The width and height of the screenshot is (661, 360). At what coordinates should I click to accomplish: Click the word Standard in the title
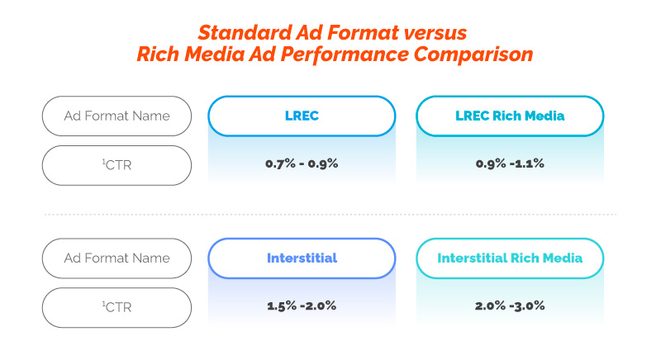tap(245, 32)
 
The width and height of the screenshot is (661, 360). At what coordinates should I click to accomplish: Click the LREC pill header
tap(302, 116)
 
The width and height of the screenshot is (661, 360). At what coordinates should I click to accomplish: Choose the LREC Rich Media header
tap(510, 116)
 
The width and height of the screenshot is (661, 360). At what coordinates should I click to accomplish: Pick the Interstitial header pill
tap(302, 258)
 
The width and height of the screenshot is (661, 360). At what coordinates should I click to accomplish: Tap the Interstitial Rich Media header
tap(510, 258)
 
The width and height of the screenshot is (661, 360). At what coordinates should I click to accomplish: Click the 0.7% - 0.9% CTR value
tap(302, 163)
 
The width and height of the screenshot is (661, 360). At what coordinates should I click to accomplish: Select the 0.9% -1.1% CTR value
tap(510, 163)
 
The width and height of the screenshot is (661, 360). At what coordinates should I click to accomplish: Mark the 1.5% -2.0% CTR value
tap(302, 306)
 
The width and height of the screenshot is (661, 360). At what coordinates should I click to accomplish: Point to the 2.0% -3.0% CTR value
tap(510, 306)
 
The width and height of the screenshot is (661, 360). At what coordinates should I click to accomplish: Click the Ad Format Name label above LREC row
tap(117, 116)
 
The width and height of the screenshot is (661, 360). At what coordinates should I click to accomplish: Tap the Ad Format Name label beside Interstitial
tap(117, 258)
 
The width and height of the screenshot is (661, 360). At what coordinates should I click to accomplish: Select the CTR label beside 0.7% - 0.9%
tap(117, 164)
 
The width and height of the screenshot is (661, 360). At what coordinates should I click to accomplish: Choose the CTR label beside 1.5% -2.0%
tap(117, 307)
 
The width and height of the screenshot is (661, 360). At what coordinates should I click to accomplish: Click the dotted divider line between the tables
tap(330, 215)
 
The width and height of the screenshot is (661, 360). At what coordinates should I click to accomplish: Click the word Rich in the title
tap(158, 54)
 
